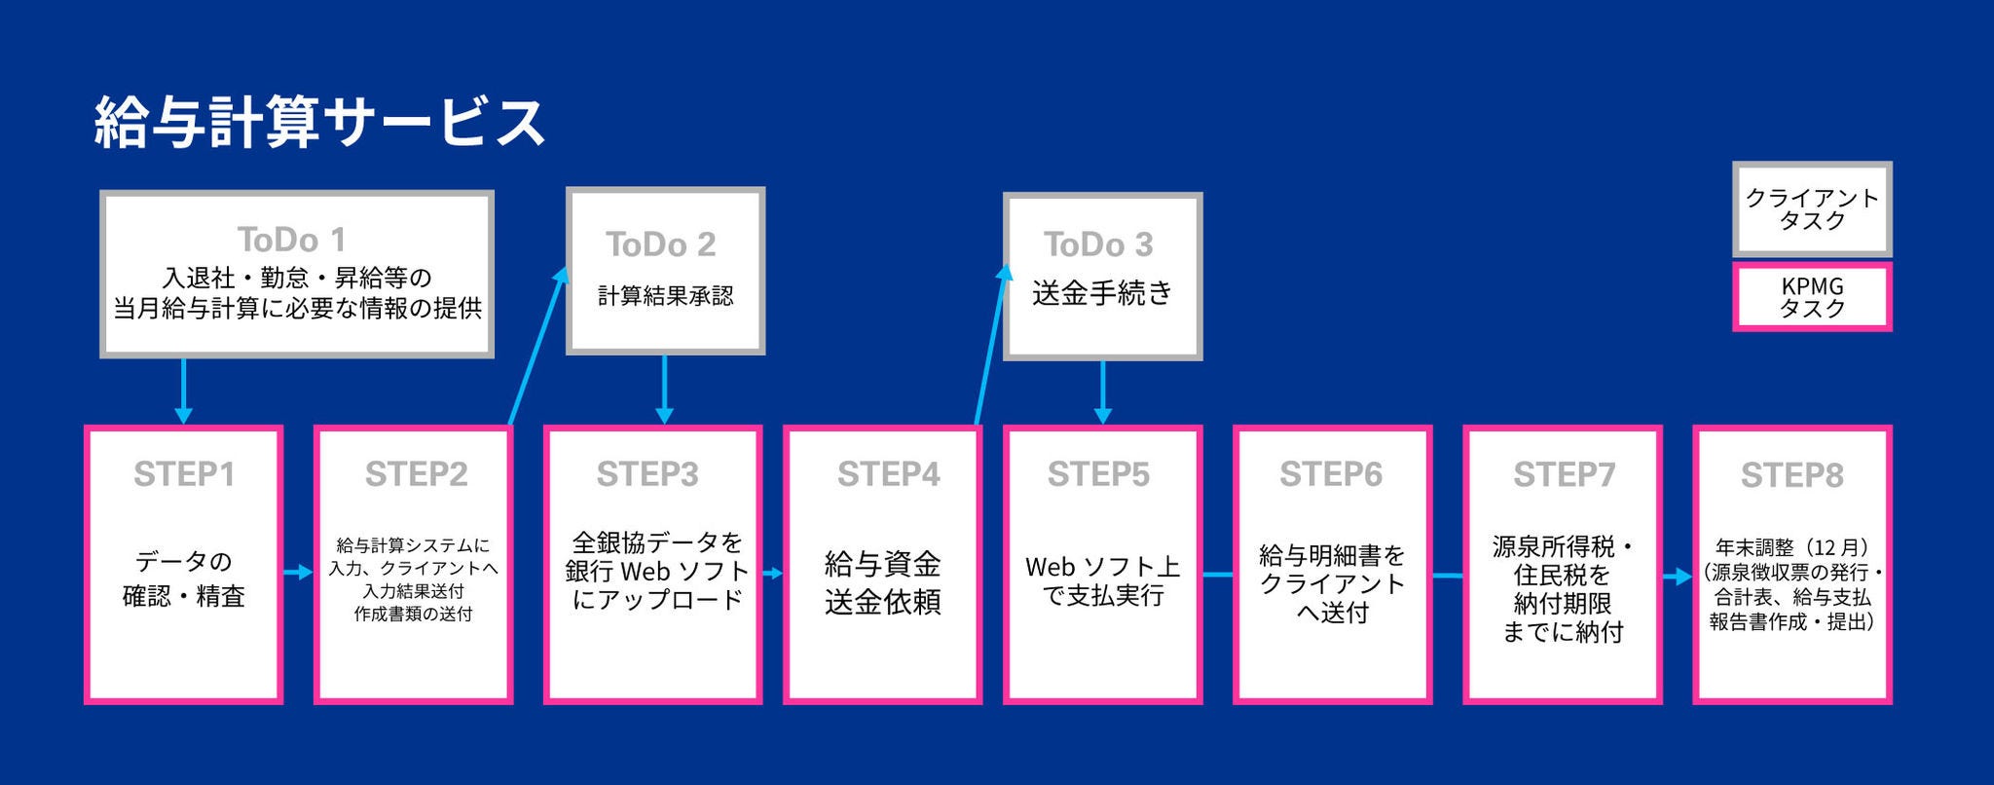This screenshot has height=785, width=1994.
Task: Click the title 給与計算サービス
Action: tap(319, 123)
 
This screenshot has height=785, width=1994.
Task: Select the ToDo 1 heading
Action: tap(291, 240)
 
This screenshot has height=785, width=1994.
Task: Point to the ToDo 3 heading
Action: tap(1098, 244)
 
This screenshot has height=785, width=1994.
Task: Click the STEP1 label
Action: tap(184, 474)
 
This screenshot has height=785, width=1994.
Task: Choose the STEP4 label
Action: tap(888, 474)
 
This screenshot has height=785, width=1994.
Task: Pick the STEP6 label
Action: tap(1330, 474)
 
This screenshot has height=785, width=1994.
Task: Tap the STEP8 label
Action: tap(1791, 475)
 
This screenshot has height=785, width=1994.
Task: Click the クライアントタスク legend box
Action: tap(1812, 208)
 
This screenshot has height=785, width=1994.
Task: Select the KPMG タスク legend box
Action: tap(1812, 297)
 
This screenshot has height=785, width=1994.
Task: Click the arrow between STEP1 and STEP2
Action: tap(298, 572)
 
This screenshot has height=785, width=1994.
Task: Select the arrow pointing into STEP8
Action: tap(1677, 577)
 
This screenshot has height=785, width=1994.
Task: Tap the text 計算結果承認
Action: tap(665, 296)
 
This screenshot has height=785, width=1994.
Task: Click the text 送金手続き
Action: tap(1102, 293)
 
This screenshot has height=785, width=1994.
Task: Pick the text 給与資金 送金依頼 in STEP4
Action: tap(882, 582)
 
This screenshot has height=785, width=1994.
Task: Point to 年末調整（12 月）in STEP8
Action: tap(1791, 548)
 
